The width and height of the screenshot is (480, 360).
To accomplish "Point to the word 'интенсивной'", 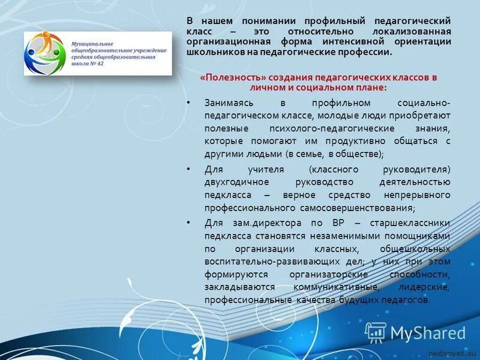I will coord(370,41).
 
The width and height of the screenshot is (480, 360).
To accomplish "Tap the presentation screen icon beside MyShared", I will coord(376,332).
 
